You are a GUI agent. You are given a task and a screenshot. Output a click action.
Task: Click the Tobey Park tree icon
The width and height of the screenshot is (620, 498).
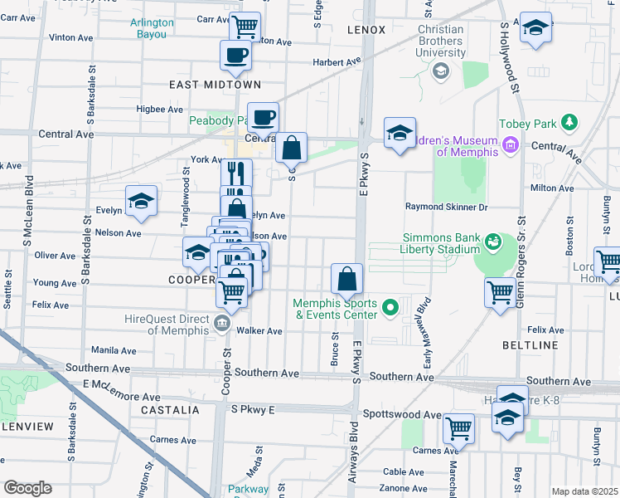point(569,123)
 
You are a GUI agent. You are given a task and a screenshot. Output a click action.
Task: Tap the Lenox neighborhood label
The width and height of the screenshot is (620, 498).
point(366,30)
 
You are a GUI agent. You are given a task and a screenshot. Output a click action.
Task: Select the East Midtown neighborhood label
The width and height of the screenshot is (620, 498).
point(215,85)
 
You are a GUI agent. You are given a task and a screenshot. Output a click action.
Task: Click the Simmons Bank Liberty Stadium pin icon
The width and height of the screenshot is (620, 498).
point(493,242)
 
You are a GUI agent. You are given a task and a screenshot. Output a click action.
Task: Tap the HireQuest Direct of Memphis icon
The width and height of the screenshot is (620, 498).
point(222,323)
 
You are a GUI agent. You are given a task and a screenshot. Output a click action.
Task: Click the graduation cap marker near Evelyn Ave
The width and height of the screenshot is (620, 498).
point(141,201)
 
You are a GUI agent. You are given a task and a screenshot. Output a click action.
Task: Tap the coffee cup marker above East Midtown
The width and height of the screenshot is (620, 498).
point(235,56)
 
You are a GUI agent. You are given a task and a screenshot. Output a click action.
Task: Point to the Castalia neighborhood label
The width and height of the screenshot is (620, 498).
point(170,410)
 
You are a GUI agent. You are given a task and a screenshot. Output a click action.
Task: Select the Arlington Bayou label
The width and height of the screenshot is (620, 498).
point(152,28)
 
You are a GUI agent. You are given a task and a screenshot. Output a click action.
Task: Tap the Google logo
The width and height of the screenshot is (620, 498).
point(27,487)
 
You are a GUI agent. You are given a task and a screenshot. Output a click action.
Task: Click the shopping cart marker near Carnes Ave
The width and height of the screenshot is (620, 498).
point(458,428)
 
